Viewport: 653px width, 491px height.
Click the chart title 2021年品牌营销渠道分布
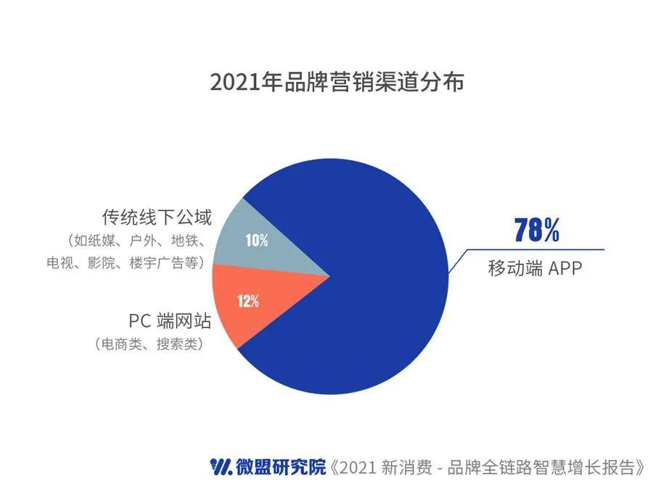tap(337, 82)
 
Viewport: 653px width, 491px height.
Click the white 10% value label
tap(257, 240)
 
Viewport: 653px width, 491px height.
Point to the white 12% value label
tap(248, 301)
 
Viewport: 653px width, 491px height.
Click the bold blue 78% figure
tap(537, 230)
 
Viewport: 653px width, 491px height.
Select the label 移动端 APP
tap(535, 268)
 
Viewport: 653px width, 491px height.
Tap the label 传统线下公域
tap(157, 218)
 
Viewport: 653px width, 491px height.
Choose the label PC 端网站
tap(170, 321)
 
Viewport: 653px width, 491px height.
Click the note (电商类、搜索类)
tap(149, 344)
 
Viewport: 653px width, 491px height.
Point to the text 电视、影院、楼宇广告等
tap(126, 263)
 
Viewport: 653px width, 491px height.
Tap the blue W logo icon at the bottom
tap(221, 467)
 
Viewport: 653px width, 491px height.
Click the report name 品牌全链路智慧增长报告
tap(541, 467)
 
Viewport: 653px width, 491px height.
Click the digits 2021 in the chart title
tap(235, 83)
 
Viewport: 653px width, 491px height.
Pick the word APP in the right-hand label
tap(564, 268)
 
